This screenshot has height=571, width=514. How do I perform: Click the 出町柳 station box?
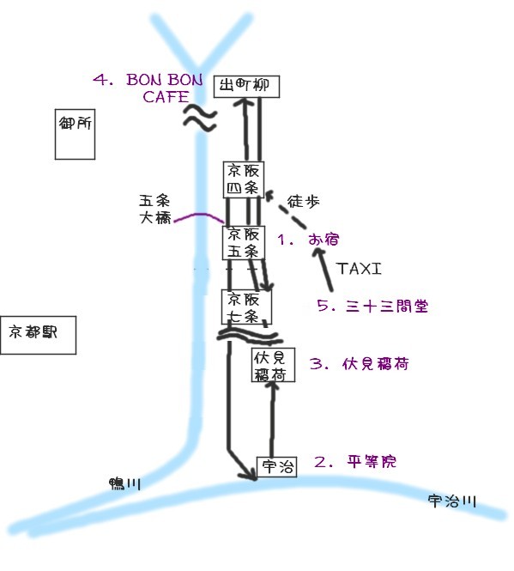[x=246, y=87]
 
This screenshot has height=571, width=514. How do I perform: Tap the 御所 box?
[x=75, y=134]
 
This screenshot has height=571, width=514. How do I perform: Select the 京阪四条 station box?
[x=243, y=179]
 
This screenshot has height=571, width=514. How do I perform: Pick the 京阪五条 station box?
[x=243, y=242]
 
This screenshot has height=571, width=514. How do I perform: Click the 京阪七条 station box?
[x=246, y=307]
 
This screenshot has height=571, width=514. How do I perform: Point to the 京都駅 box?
[x=39, y=335]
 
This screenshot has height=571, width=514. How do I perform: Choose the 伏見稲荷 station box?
[x=273, y=365]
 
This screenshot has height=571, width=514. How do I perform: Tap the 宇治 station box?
[x=276, y=467]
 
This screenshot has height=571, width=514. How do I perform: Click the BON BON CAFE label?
[x=165, y=88]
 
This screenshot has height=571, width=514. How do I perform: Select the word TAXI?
[x=360, y=269]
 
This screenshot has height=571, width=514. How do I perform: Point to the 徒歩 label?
[x=303, y=201]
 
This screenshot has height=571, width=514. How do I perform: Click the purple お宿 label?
[x=324, y=240]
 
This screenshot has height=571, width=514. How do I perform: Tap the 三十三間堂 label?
[x=387, y=306]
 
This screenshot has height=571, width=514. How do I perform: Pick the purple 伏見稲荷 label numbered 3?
[x=375, y=364]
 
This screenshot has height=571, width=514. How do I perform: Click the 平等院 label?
[x=372, y=462]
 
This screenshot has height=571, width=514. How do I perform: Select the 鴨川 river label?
[x=125, y=483]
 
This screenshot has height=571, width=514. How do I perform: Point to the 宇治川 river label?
[x=451, y=501]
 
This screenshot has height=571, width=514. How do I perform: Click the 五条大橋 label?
[x=154, y=210]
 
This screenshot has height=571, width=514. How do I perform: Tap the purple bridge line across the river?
[x=199, y=216]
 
